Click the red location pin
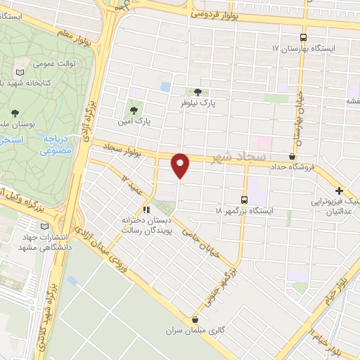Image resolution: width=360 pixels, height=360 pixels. tap(181, 165)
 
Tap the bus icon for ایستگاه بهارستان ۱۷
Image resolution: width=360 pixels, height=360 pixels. tap(303, 38)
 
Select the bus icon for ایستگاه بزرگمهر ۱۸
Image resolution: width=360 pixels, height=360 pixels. tap(244, 199)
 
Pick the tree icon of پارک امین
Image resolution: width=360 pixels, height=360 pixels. tap(133, 109)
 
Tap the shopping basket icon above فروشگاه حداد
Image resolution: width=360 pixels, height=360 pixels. tap(292, 156)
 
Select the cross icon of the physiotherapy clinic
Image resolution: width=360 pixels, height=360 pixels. tap(339, 191)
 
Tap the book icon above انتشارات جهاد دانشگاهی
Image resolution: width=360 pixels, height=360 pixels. tap(46, 226)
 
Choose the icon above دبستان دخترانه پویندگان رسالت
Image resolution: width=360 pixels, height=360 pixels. tap(146, 209)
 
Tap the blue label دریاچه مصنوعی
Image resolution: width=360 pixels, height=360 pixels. tap(53, 144)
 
